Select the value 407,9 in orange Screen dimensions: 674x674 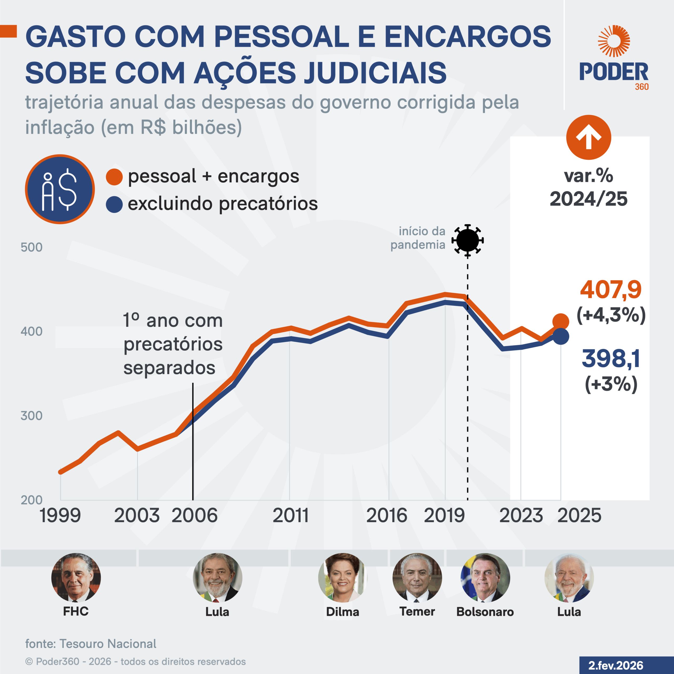coord(611,290)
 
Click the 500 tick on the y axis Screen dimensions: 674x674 coord(31,247)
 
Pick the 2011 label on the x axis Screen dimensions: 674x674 coord(291,515)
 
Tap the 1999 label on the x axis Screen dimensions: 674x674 coord(60,515)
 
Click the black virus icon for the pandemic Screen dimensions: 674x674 coord(468,240)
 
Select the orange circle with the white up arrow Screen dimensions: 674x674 coord(588,137)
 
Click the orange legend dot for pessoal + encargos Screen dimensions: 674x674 coord(114,177)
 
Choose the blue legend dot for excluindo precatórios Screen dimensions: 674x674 coord(114,204)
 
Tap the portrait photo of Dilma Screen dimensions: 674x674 coord(343,578)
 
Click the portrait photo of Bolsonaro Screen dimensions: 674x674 coord(485,578)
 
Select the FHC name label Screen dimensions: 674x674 coord(76,612)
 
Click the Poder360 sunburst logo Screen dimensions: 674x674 coord(614,41)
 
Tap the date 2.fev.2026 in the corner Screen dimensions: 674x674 coord(616,665)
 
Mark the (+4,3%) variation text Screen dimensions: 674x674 coord(611,315)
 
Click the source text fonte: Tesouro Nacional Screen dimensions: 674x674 coord(91,644)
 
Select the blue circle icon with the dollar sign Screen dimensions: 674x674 coord(60,189)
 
